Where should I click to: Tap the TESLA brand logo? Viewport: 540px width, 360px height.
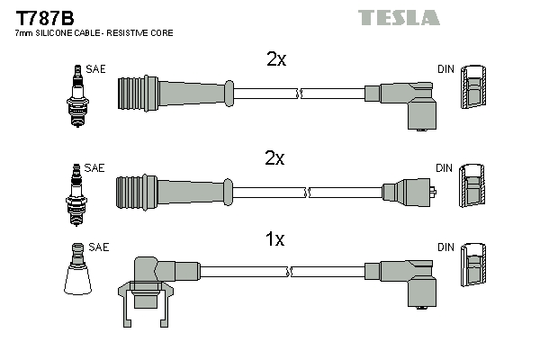[x=399, y=17]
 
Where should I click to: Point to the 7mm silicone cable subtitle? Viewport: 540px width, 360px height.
[x=94, y=32]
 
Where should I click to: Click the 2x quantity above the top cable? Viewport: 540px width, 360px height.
[x=276, y=59]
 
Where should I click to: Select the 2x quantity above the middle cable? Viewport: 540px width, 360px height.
[x=275, y=158]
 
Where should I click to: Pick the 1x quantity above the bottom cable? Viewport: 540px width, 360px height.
[x=275, y=239]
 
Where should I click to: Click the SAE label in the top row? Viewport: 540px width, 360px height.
[x=94, y=68]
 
